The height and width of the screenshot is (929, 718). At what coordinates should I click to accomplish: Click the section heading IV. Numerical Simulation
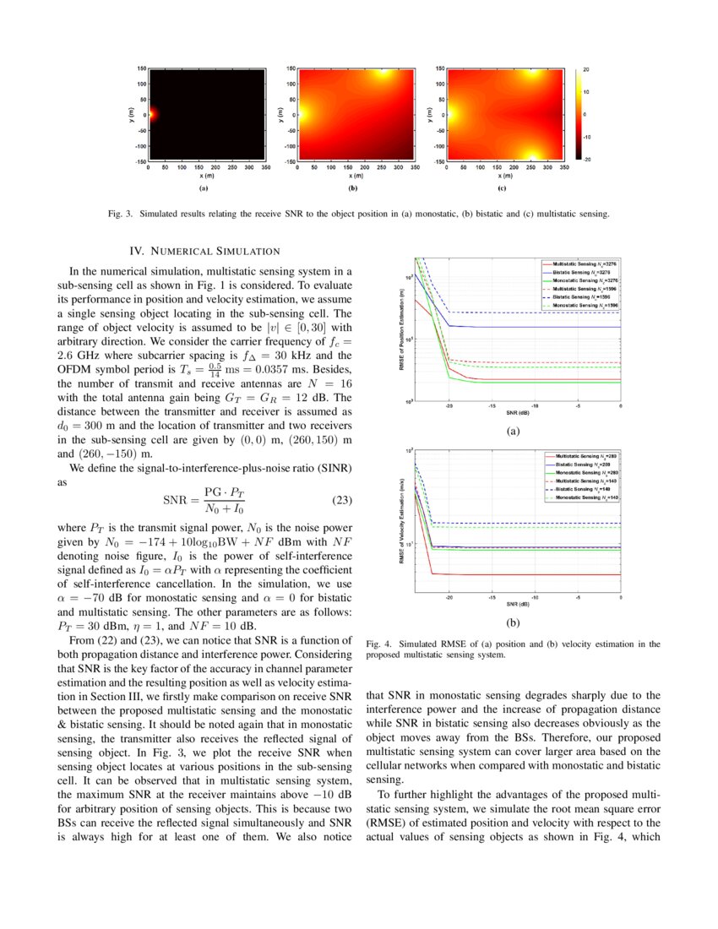click(204, 251)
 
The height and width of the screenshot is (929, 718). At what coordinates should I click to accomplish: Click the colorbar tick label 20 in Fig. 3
click(586, 68)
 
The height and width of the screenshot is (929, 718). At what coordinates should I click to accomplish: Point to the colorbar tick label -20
click(586, 159)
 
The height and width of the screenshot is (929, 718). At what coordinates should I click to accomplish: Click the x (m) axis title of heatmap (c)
click(505, 176)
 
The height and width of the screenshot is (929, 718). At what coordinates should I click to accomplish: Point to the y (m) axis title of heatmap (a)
click(130, 114)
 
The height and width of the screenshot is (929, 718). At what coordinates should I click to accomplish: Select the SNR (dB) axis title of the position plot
click(518, 413)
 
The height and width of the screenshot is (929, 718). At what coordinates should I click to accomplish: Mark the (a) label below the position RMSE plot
click(512, 432)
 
